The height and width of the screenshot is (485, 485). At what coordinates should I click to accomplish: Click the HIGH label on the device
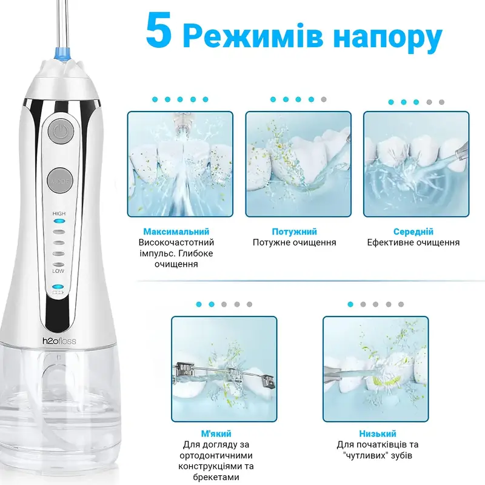59,213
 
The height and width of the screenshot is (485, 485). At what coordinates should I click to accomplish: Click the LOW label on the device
58,271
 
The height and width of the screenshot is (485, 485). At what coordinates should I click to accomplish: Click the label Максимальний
176,232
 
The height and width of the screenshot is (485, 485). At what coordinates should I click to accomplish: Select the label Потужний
295,232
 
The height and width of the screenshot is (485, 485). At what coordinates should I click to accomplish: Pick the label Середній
413,232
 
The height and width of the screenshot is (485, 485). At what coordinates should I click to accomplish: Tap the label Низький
378,433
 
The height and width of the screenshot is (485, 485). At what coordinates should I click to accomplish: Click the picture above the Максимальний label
180,164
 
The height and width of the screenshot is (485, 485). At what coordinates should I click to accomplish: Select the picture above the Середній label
416,164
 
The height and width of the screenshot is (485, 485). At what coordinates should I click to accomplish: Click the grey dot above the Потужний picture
324,99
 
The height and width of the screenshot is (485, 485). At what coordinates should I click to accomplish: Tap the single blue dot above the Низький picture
350,304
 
